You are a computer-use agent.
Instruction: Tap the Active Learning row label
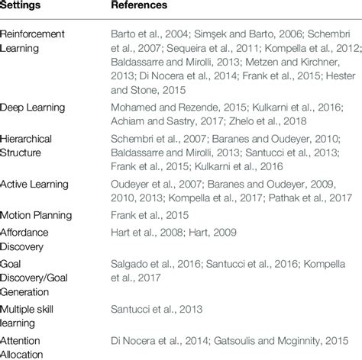[x=34, y=184]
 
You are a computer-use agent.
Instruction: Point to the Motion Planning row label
[x=37, y=216]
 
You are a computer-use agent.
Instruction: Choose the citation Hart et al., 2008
[x=141, y=232]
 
